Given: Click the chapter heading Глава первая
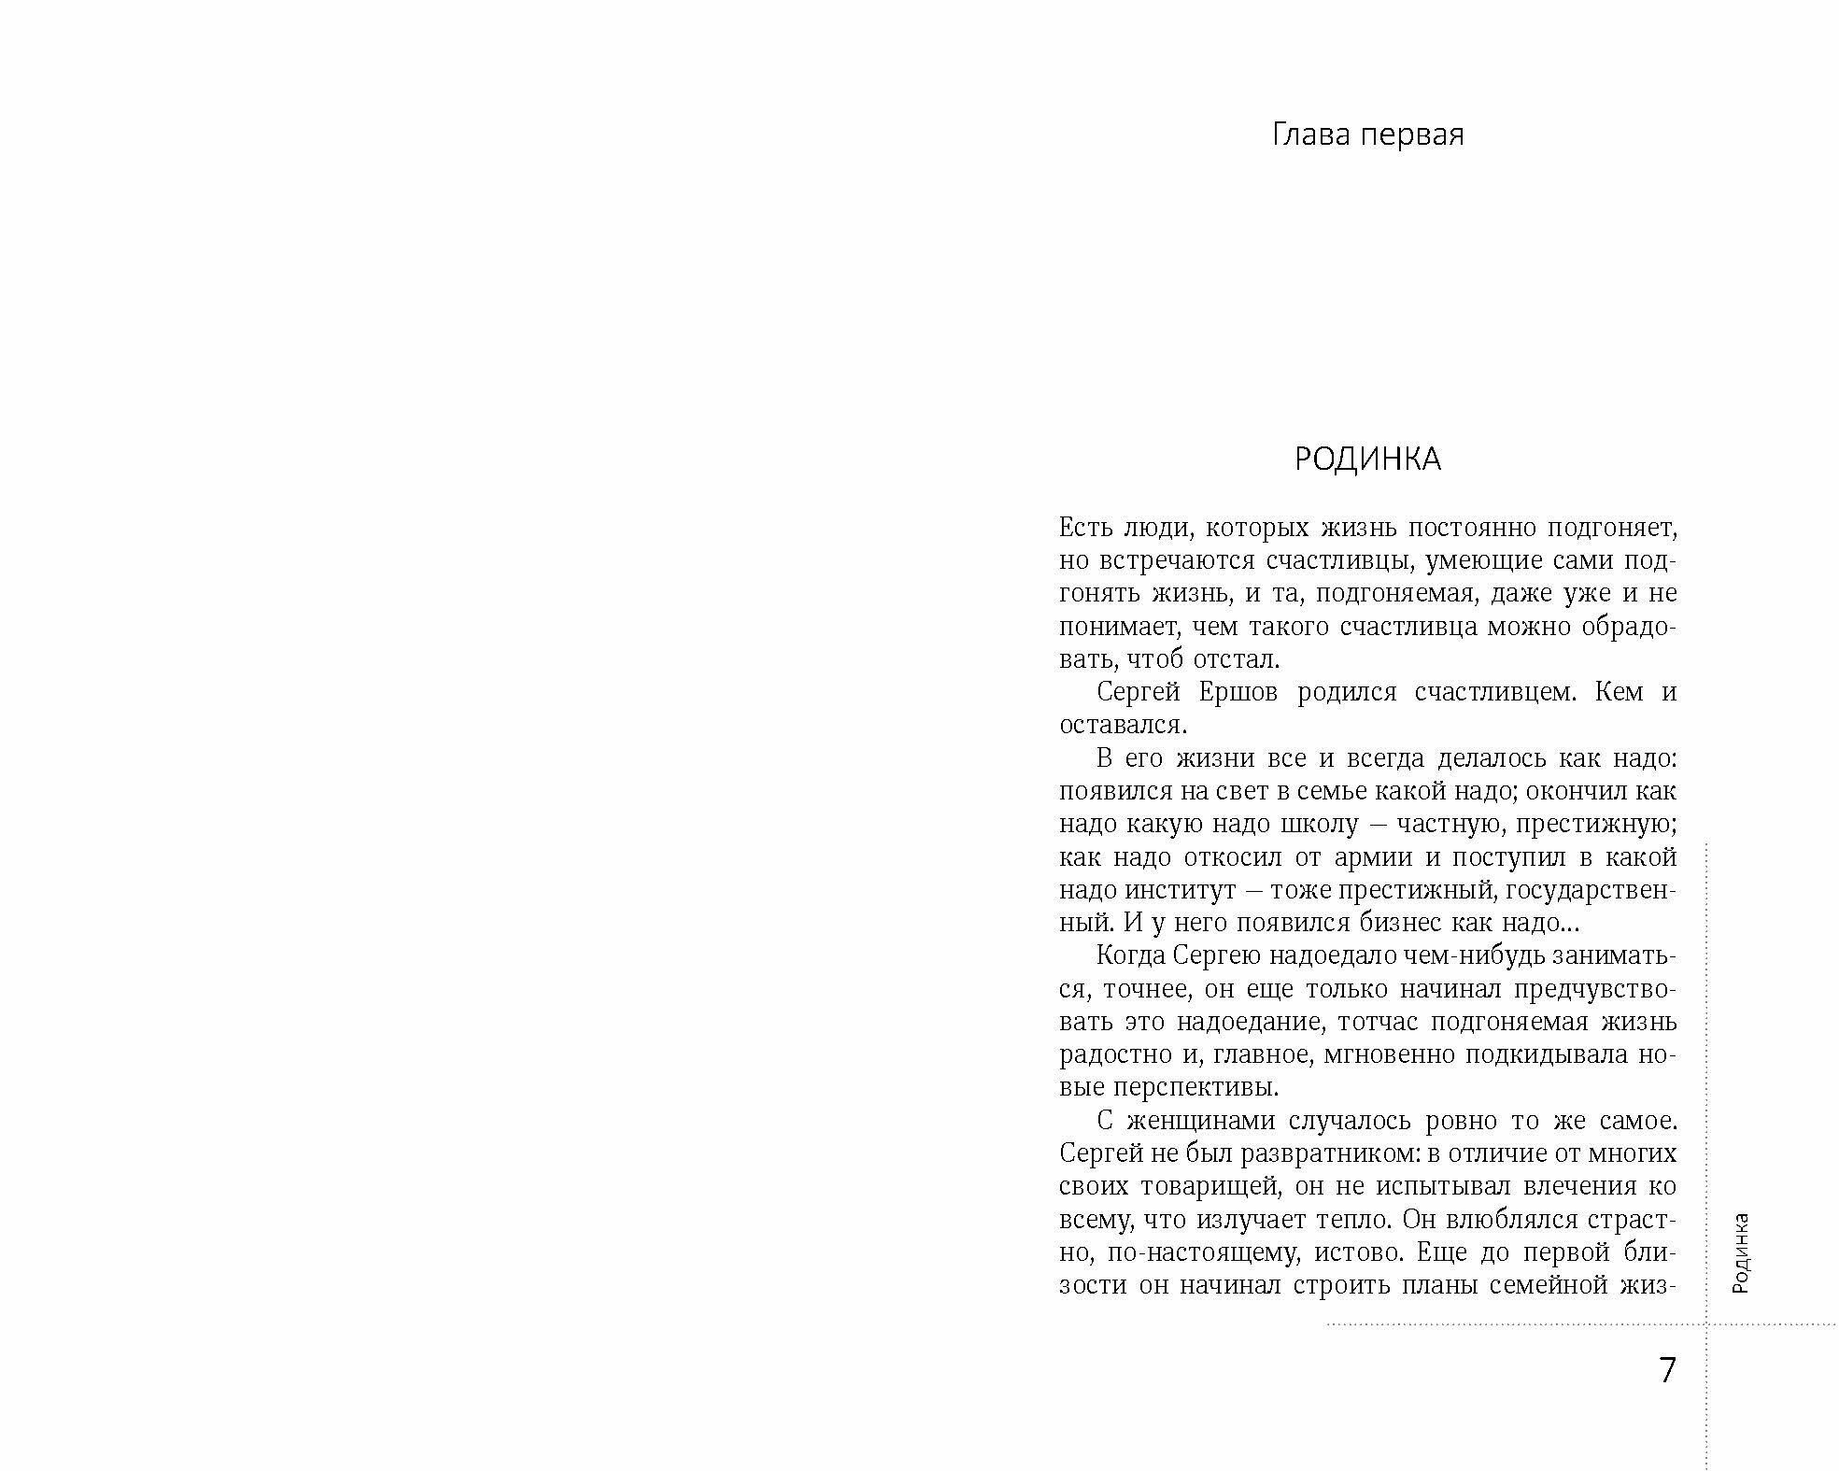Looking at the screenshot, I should click(x=1367, y=135).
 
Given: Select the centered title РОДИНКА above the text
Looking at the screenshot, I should click(x=1367, y=460).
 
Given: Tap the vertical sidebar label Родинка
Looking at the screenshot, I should click(x=1740, y=1252).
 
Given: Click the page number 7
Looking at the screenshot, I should click(x=1667, y=1370).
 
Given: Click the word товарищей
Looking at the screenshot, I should click(x=1230, y=1187).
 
